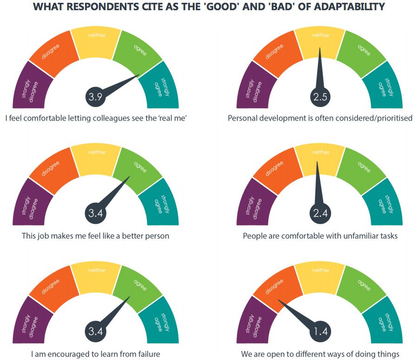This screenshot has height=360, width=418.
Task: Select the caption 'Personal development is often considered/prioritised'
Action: click(320, 118)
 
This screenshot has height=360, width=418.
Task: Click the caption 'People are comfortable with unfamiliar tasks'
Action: click(320, 236)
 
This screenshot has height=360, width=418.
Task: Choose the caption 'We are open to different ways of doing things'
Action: click(320, 354)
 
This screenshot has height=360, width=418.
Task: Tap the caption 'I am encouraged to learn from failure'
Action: click(96, 354)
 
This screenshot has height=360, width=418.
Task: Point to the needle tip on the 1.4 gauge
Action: click(278, 300)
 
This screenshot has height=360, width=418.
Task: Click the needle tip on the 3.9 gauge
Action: click(139, 75)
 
